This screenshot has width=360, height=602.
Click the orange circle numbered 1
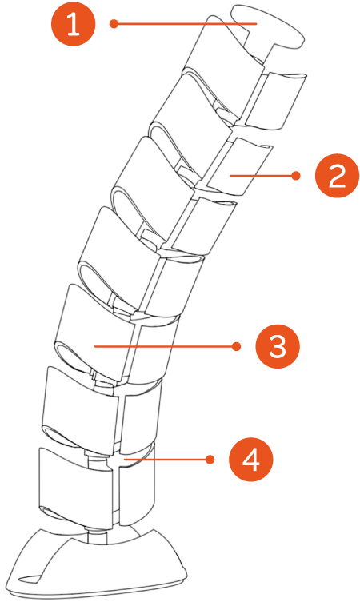[73, 24]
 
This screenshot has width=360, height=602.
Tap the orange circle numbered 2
[337, 176]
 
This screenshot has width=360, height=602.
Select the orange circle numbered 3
[278, 347]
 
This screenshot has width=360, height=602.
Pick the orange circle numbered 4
[251, 460]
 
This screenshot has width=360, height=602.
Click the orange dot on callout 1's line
[114, 24]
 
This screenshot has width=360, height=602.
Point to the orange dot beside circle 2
[296, 176]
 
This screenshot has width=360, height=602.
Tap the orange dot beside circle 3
[236, 347]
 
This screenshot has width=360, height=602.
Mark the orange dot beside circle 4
[210, 460]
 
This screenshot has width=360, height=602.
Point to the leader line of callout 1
[185, 24]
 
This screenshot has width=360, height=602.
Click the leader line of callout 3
[166, 347]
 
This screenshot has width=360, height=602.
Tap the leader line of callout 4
[166, 460]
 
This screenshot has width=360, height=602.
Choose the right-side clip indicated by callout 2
[239, 165]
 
